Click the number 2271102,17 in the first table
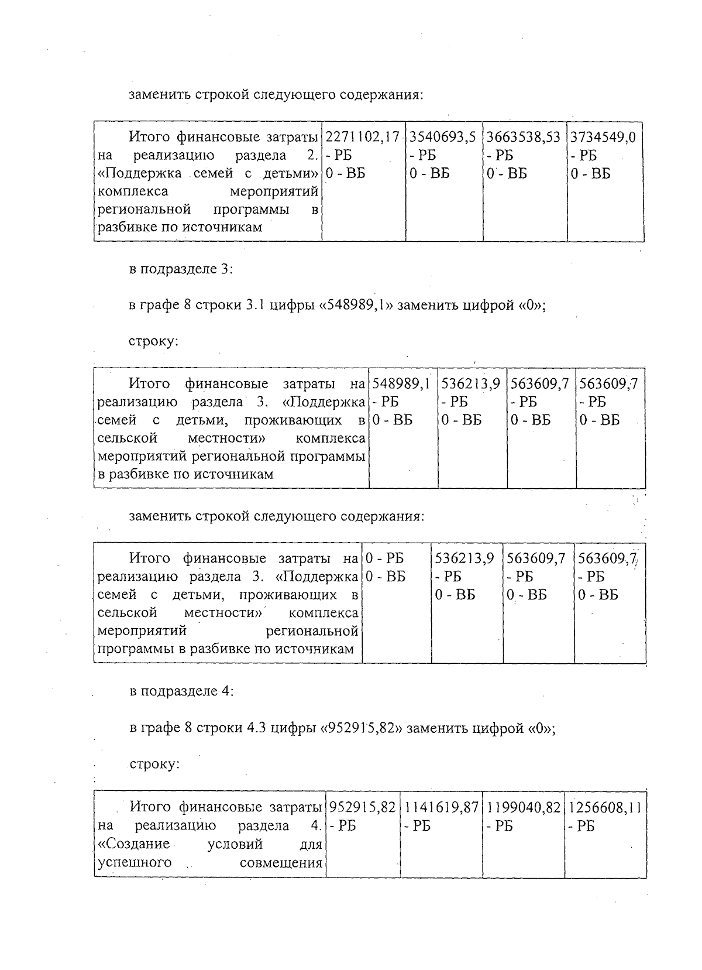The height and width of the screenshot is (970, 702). coord(362,138)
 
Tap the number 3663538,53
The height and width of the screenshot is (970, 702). coord(524,138)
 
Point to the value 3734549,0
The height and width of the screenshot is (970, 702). coord(603,138)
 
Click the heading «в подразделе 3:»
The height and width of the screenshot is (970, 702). coord(181,269)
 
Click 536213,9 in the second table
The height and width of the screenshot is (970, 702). coord(471,384)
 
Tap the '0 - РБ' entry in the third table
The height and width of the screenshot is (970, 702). coord(385,558)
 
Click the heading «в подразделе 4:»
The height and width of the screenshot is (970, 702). coord(181,691)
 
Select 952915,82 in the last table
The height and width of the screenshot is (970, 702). coord(363,807)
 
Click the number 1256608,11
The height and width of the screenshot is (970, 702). coord(605,807)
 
